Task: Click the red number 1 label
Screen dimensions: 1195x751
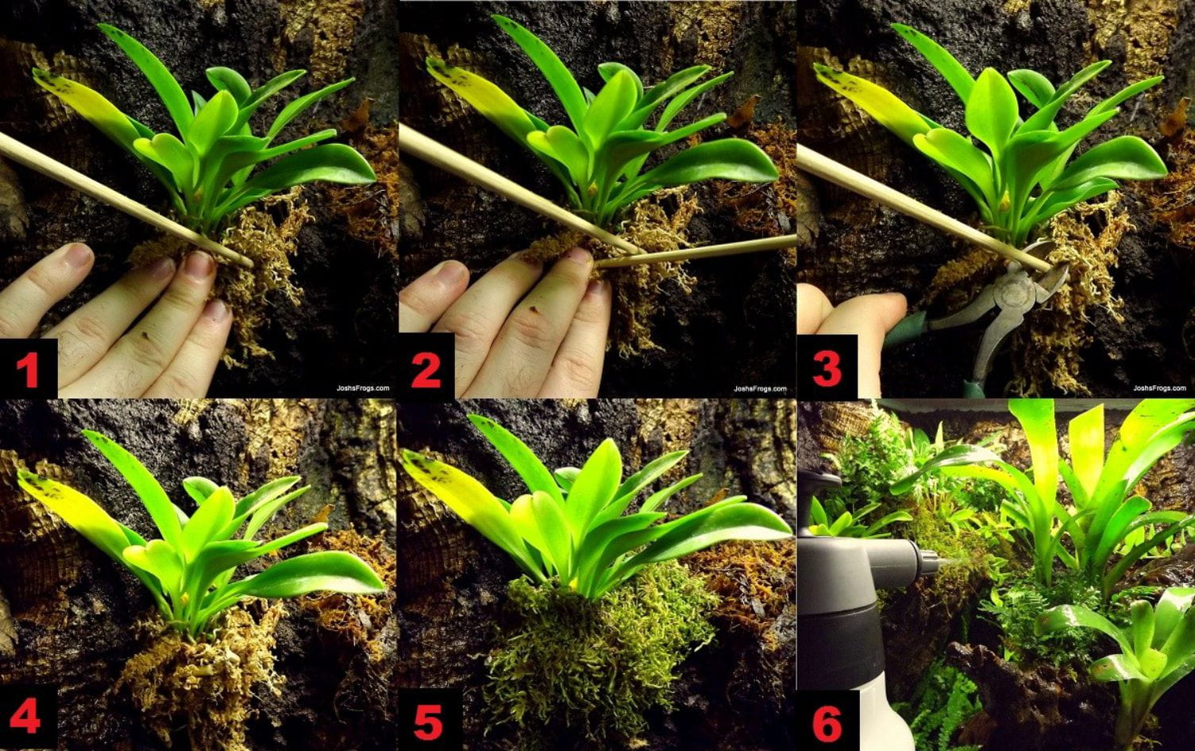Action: click(28, 371)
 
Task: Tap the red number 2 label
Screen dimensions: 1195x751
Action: click(426, 370)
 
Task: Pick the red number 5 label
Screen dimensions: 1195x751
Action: click(428, 721)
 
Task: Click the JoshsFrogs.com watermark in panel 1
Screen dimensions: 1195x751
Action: click(363, 388)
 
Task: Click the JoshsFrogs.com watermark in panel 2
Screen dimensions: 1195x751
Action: click(760, 388)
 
